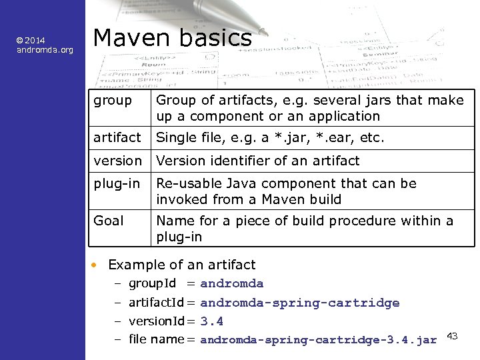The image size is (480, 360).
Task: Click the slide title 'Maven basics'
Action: [172, 38]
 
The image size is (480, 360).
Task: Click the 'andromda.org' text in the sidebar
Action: [45, 49]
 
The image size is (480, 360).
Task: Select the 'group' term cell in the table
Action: [113, 100]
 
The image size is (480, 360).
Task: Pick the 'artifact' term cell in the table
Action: [117, 138]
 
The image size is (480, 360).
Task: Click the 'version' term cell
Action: [118, 161]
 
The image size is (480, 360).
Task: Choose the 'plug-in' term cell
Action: [117, 183]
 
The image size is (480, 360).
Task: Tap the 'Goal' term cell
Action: [109, 221]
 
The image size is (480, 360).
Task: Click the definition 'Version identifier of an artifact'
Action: [257, 161]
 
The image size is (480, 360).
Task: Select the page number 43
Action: [452, 335]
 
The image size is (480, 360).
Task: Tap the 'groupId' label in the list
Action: [152, 284]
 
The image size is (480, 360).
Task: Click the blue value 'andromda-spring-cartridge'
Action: [299, 303]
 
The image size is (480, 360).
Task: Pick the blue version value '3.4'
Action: [211, 321]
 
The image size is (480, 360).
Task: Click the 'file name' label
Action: [155, 339]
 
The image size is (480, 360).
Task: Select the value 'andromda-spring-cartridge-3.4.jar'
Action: [318, 340]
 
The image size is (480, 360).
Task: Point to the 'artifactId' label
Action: [156, 303]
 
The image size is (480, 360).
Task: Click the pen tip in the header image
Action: [263, 30]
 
